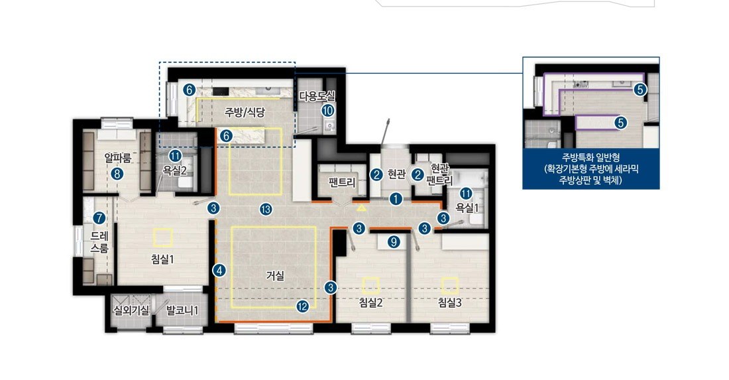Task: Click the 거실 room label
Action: tap(275, 276)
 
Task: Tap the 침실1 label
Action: tap(162, 259)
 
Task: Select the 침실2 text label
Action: tap(371, 303)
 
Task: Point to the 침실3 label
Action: tap(449, 303)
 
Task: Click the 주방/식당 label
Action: tap(245, 112)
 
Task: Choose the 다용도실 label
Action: tap(317, 96)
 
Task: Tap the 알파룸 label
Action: tap(117, 158)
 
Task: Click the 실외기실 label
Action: tap(132, 310)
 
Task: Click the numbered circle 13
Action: tap(266, 210)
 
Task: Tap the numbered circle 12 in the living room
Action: tap(303, 306)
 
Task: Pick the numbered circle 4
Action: tap(219, 270)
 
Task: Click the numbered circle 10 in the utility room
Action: tap(328, 110)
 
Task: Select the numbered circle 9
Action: tap(393, 242)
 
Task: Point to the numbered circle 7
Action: tap(99, 218)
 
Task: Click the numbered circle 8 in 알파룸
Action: tap(117, 174)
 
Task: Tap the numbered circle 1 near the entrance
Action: tap(396, 199)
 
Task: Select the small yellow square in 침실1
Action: tap(163, 237)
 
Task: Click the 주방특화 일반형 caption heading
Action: tap(590, 158)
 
